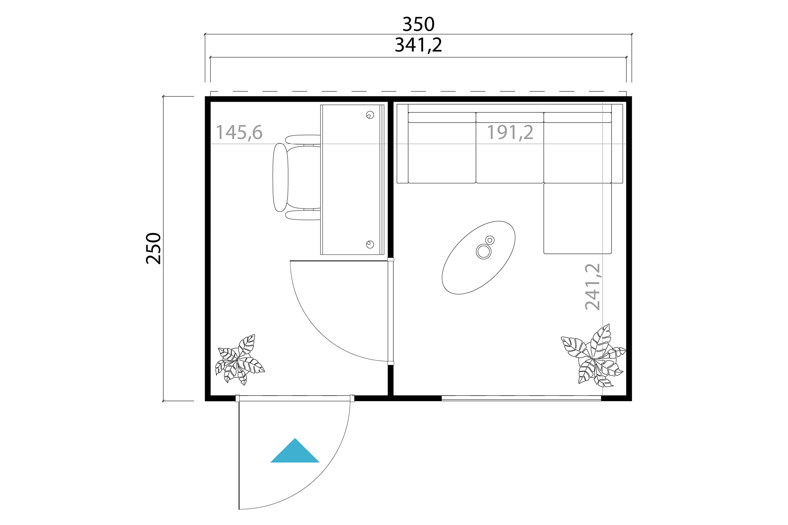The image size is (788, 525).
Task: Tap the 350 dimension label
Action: [x=419, y=24]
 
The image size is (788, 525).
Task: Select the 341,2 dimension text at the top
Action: [x=419, y=45]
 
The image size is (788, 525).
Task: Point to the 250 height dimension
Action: [x=154, y=248]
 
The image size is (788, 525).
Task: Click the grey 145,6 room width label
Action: [x=239, y=132]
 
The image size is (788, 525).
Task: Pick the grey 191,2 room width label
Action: [x=510, y=132]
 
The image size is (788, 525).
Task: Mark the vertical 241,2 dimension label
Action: [x=593, y=287]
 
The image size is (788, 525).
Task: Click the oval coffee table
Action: [x=478, y=258]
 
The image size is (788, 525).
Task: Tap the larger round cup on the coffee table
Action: [x=484, y=251]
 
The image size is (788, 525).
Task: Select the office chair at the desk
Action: [x=297, y=177]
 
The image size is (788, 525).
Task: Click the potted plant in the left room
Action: [x=240, y=360]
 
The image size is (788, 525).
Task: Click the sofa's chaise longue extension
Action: [x=577, y=218]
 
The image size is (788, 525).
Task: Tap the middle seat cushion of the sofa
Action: [x=510, y=153]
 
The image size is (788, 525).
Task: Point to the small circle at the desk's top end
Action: [x=370, y=115]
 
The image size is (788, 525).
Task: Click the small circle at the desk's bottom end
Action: [x=370, y=244]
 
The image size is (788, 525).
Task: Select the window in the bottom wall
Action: [x=521, y=398]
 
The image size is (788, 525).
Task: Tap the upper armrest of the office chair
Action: [x=303, y=140]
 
